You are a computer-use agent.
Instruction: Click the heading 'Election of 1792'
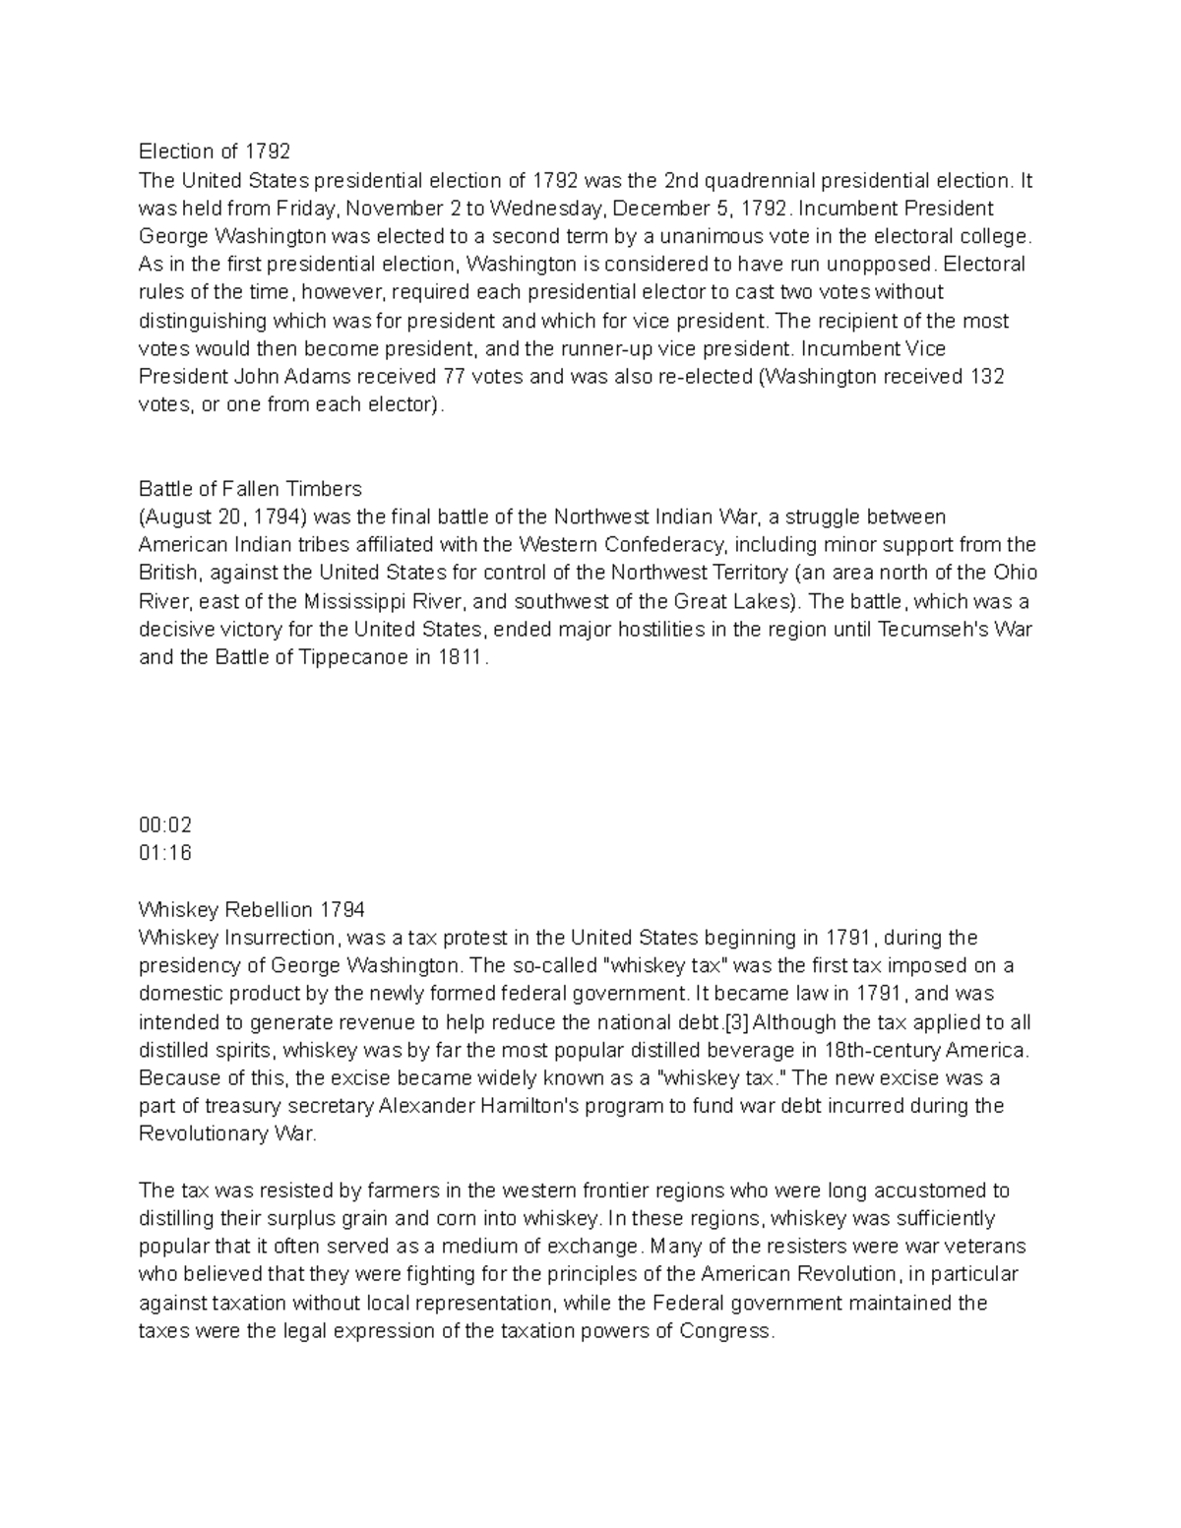coord(215,152)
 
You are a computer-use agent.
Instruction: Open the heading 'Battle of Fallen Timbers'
coord(250,489)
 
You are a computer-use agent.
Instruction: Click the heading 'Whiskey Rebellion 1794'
coord(251,909)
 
